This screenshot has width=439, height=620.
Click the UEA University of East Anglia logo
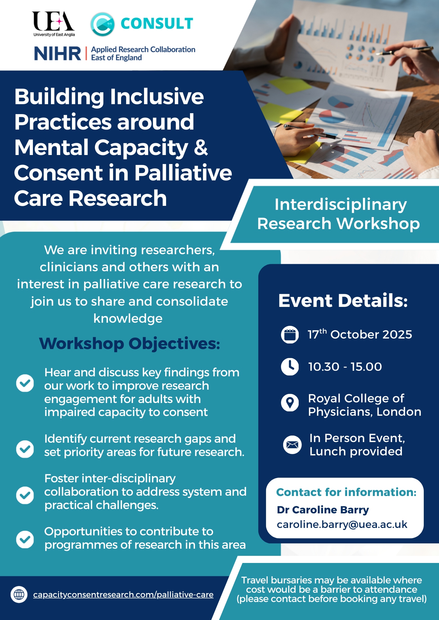[x=54, y=24]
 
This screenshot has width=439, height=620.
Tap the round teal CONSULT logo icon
[x=102, y=24]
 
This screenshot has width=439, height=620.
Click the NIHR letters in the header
[x=57, y=53]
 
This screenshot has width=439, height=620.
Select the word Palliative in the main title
[x=183, y=173]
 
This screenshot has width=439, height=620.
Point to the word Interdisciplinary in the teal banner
[x=341, y=205]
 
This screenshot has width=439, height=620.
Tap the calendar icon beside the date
[x=290, y=335]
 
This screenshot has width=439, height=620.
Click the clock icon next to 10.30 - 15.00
[x=290, y=366]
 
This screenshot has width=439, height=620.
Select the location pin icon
[x=290, y=403]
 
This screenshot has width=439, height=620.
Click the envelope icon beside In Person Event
[x=292, y=445]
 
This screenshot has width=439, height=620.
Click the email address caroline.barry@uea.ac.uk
[x=342, y=524]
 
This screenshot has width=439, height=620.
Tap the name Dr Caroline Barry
[x=323, y=510]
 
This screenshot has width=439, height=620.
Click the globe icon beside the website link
[x=19, y=594]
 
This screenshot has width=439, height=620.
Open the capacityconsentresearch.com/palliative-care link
[x=123, y=595]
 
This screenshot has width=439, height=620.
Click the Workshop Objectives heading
[x=129, y=343]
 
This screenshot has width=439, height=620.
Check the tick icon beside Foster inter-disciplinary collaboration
[x=25, y=495]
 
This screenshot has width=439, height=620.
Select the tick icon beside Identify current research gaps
[x=25, y=449]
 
